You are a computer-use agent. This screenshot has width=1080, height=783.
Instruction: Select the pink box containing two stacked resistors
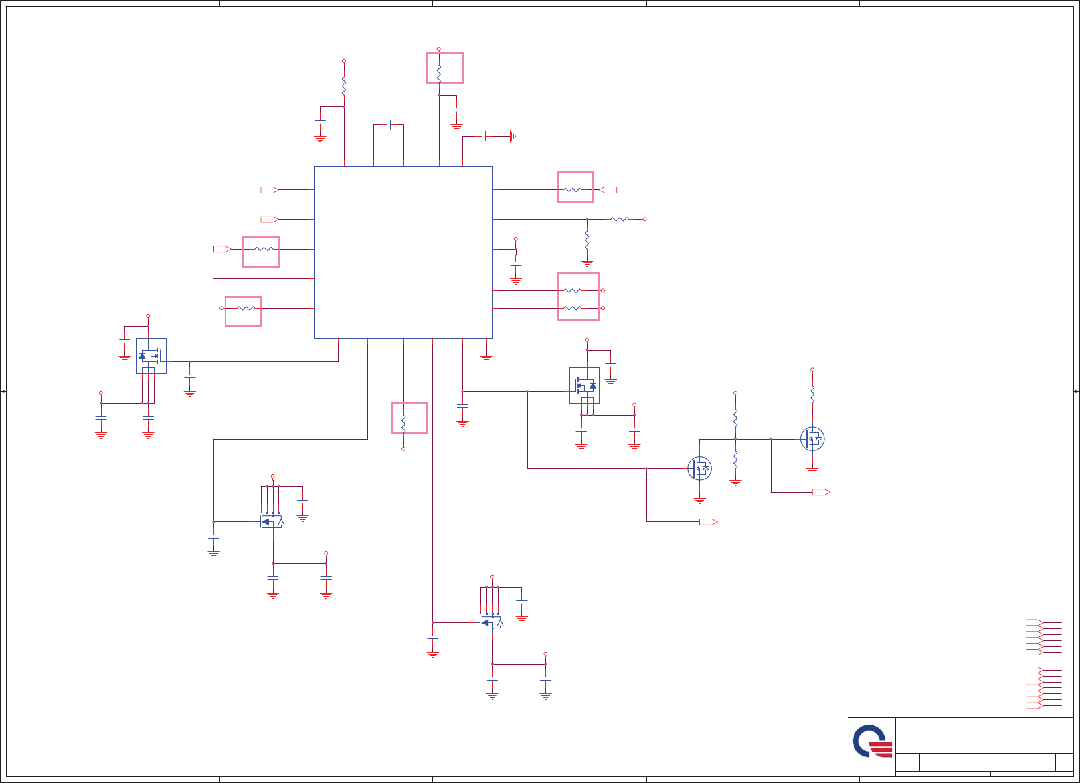[x=578, y=297]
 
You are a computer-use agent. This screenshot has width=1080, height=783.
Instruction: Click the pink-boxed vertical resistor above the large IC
[x=444, y=68]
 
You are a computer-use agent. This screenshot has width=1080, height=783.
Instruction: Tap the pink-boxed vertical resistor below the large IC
[x=408, y=418]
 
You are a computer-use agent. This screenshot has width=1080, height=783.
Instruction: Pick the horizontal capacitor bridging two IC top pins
[x=389, y=124]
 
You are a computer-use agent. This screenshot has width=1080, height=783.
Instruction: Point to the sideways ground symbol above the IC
[x=513, y=136]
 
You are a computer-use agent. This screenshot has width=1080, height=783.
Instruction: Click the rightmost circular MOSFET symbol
[x=812, y=439]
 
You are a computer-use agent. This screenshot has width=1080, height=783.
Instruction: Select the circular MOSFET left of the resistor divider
[x=699, y=469]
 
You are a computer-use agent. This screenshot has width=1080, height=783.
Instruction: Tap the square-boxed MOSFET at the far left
[x=151, y=356]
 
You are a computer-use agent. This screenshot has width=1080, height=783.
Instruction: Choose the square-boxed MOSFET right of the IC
[x=585, y=385]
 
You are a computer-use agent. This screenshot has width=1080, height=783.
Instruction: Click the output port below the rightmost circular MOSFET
[x=821, y=492]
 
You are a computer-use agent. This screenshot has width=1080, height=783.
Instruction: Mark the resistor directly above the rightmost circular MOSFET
[x=812, y=393]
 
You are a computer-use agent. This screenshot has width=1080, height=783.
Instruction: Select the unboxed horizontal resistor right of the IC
[x=620, y=219]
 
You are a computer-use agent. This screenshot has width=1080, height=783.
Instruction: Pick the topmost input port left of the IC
[x=269, y=190]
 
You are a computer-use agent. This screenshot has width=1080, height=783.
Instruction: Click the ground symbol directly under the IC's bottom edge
[x=486, y=357]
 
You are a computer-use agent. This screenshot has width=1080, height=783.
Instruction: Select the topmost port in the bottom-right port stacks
[x=1034, y=622]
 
